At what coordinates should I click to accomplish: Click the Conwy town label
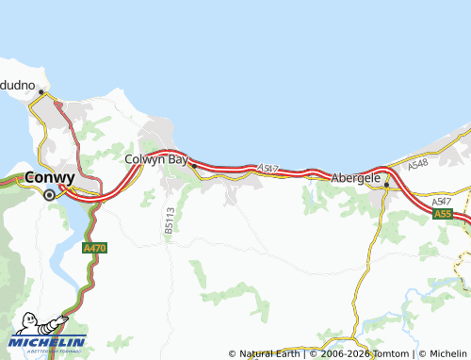click(51, 176)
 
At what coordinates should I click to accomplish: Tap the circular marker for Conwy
click(50, 194)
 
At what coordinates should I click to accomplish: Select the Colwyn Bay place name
click(156, 159)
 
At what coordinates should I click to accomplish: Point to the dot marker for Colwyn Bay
click(193, 166)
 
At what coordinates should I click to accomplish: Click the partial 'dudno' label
click(18, 85)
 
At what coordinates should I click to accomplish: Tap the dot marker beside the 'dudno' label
click(41, 90)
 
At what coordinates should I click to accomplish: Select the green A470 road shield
click(93, 247)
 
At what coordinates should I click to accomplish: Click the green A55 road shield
click(443, 215)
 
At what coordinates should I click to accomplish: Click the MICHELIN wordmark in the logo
click(47, 341)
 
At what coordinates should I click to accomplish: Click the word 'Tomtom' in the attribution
click(388, 353)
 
